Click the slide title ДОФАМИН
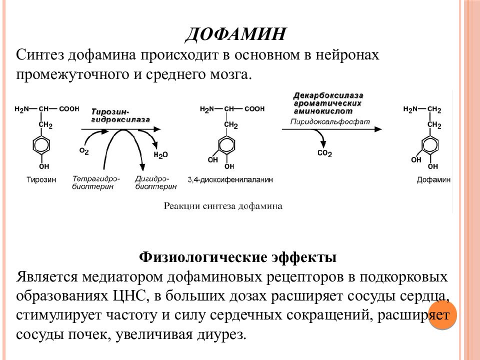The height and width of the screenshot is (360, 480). coord(235,34)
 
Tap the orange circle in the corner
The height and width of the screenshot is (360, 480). coord(442,314)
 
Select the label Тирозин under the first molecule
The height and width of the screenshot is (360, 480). coord(41,179)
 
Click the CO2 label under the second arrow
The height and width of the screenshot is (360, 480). coord(324,153)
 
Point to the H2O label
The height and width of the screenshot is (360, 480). coord(160,155)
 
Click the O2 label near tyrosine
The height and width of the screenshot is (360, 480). coord(84,151)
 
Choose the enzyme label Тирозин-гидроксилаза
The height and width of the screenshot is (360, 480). coord(120,115)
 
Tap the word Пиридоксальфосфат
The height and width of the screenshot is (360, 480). coord(330,122)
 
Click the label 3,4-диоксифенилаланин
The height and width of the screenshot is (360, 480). coord(230,179)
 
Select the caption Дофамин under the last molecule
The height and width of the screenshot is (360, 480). coord(433,179)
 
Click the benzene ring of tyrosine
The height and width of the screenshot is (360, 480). coord(41,145)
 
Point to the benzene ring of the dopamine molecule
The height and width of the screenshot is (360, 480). coord(430,145)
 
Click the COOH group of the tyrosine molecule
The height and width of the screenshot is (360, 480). coord(69,109)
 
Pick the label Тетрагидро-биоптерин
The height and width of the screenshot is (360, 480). coord(96,182)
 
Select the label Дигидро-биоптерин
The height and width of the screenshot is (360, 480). coord(156,182)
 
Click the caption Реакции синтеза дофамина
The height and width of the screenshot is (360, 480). coord(223,205)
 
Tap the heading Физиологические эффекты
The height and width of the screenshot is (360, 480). coord(237,256)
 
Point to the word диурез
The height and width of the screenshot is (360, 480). coord(221,334)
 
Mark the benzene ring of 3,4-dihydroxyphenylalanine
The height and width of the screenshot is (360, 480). coord(227,145)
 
